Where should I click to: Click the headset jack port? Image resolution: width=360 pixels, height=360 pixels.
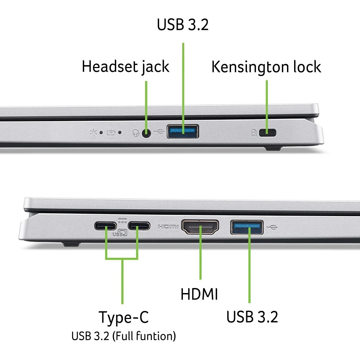coord(146,133)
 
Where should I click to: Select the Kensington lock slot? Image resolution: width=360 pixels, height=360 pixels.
coord(267,133)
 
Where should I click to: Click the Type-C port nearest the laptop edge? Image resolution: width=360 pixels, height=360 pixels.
coord(105,226)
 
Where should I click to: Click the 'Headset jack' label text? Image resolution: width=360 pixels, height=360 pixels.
coord(125,67)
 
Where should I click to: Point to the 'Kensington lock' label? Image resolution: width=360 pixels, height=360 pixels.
coord(266,67)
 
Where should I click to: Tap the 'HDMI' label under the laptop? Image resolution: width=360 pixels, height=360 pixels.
coord(199,294)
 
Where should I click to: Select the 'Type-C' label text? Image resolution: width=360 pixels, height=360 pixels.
coord(123,317)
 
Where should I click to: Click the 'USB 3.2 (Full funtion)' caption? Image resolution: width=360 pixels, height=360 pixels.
coord(123,337)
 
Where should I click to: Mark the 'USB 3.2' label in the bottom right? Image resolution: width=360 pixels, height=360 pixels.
coord(252,317)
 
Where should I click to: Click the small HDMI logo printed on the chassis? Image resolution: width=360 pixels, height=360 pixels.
coord(168,227)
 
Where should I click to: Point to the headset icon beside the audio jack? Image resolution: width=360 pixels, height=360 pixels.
coord(136,134)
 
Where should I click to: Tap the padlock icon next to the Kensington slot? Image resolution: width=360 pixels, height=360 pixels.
coord(254,133)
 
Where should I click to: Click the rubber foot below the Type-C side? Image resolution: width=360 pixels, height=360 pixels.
coord(70,244)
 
